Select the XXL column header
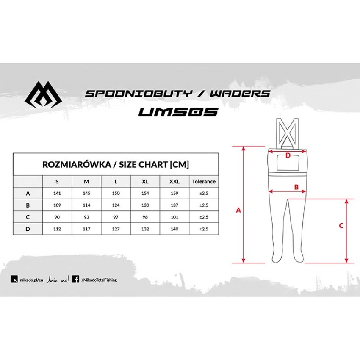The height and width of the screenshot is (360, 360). point(174,181)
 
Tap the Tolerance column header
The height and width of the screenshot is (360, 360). point(204,181)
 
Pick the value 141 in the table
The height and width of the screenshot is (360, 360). point(57,193)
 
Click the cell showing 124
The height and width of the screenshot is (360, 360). point(116,205)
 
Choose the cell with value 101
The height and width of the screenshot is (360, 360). point(174,217)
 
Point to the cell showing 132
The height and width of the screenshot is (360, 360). point(145,229)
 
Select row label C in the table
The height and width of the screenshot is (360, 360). point(28,217)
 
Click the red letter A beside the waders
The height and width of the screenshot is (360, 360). point(238,210)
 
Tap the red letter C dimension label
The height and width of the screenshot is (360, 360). point(341,226)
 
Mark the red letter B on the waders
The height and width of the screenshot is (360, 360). point(296,186)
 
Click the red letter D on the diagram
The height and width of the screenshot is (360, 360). point(288,155)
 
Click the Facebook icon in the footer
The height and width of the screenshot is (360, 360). point(76,279)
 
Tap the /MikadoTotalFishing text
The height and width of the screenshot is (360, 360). point(99,280)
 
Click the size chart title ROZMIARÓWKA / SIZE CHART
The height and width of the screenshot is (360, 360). point(116,164)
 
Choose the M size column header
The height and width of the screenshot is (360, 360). point(86,181)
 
